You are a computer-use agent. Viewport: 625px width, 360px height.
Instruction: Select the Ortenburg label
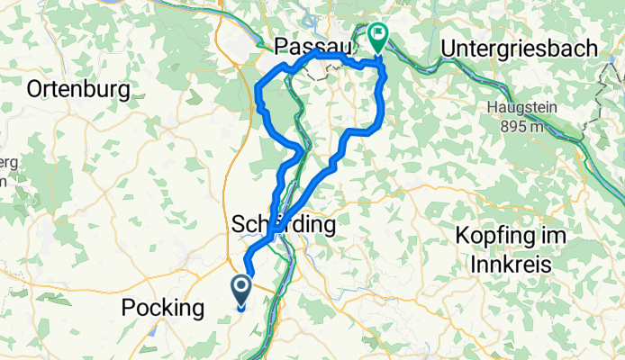(x=79, y=89)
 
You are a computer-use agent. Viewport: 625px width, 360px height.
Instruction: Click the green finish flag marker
(x=376, y=38)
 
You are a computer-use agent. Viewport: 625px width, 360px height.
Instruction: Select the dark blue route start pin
(x=242, y=290)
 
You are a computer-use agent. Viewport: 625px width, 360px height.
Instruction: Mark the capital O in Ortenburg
(x=36, y=89)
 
